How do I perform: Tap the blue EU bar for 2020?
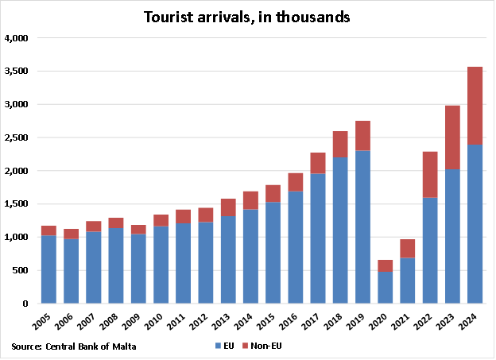[x=386, y=288]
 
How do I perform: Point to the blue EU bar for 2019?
[x=362, y=227]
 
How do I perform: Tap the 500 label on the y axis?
[x=21, y=271]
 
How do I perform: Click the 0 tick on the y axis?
[x=25, y=304]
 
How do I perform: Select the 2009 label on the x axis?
[x=138, y=322]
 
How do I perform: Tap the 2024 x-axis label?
[x=473, y=322]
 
